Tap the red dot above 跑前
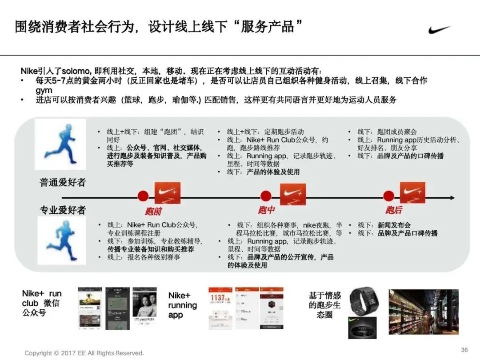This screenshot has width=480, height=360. [x=143, y=196]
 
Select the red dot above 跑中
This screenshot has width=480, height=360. [x=266, y=196]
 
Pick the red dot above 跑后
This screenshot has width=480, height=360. [x=388, y=196]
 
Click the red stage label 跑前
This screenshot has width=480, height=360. [x=153, y=211]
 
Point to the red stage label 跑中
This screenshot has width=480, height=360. [x=266, y=210]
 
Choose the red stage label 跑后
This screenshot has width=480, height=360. [x=393, y=210]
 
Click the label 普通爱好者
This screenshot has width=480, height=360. [x=63, y=182]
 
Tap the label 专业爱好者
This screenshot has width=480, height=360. [x=63, y=210]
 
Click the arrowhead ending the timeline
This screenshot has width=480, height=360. [x=452, y=198]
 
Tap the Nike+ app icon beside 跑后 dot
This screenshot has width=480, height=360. [x=412, y=193]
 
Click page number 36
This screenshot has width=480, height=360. [x=464, y=350]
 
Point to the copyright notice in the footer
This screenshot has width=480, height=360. [x=84, y=353]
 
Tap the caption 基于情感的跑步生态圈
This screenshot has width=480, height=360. [x=324, y=305]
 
